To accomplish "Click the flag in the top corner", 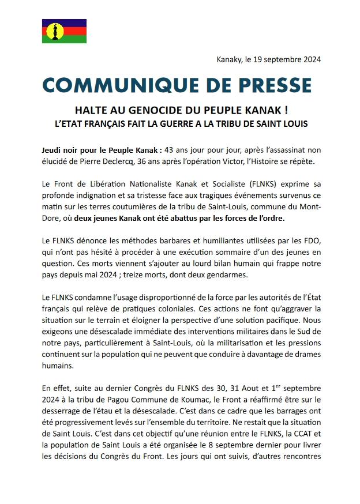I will coord(64,31).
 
